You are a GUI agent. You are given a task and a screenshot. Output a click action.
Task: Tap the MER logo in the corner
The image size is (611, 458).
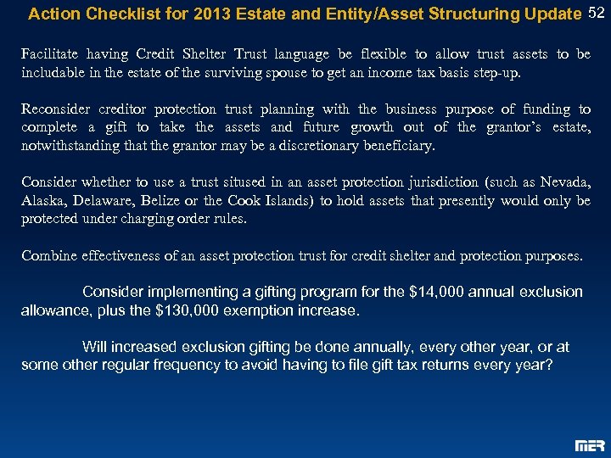pos(590,444)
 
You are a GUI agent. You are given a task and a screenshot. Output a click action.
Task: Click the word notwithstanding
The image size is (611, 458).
pos(69,146)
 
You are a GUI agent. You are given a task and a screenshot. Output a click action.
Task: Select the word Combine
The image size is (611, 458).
pos(48,255)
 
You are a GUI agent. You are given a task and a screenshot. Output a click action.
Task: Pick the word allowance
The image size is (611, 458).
pos(55,310)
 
